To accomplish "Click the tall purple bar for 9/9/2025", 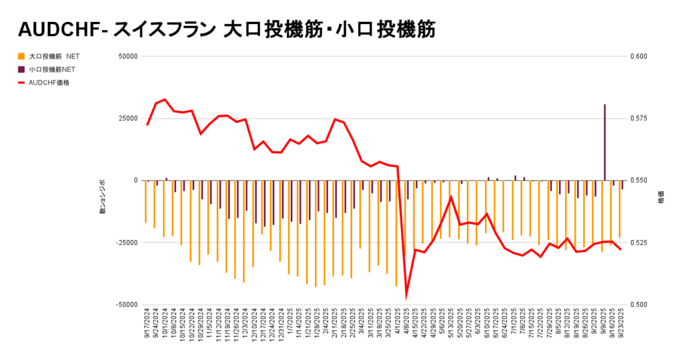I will pos(605,143).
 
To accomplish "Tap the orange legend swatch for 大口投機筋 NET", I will pos(21,57).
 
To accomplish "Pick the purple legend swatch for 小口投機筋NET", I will pos(21,69).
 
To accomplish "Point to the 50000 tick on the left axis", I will pos(127,57).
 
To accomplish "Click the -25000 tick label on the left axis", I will pos(125,243).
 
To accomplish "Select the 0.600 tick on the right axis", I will pos(638,57).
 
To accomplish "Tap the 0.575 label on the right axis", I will pos(638,119).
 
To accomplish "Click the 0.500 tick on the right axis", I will pos(638,305).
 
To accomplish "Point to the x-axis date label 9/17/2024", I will pos(147,324).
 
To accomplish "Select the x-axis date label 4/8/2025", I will pos(406,323).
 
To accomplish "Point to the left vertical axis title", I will pos(103,197).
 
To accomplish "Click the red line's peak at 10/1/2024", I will pos(165,99).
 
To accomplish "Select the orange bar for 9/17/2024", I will pos(145,201).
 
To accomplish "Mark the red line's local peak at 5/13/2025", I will pos(452,197).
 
